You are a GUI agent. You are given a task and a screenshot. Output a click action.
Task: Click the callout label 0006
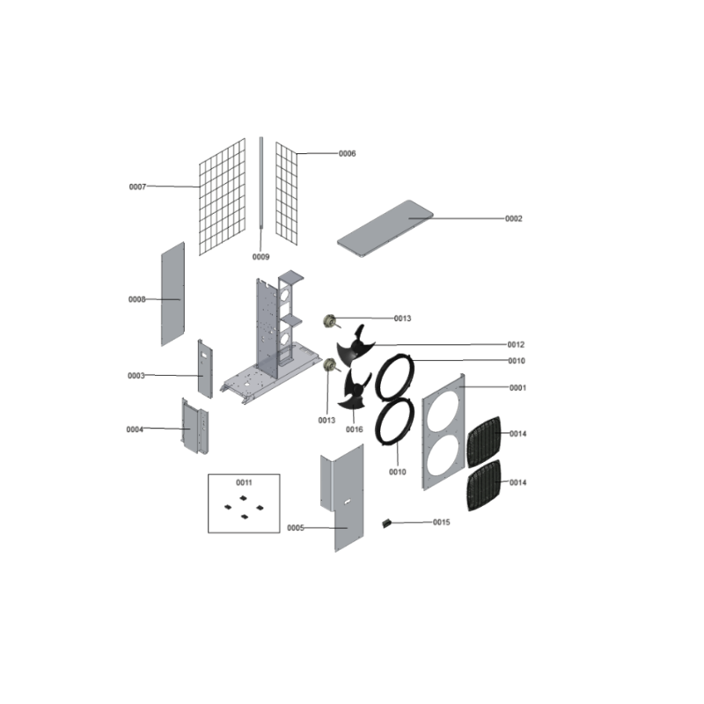tap(347, 153)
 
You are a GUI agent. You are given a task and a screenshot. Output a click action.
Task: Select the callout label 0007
tap(137, 187)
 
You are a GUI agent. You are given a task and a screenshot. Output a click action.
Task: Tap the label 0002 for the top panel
tap(514, 218)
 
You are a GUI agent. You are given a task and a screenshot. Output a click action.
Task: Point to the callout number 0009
tap(260, 257)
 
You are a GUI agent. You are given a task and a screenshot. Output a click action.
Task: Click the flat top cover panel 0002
tap(385, 229)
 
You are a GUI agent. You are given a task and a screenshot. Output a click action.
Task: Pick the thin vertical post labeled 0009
tap(260, 183)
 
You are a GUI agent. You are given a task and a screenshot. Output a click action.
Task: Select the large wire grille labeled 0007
tap(223, 197)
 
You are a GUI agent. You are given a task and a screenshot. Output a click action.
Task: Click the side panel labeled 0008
tap(172, 294)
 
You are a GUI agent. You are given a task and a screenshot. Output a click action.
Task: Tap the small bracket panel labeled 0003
tap(205, 369)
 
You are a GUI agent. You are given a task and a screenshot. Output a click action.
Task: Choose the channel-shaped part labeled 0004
tap(194, 426)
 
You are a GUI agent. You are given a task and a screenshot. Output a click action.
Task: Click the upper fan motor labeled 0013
tap(331, 321)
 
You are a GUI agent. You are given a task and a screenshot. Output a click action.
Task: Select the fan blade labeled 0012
tap(356, 346)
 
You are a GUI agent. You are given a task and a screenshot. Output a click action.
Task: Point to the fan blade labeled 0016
tap(356, 390)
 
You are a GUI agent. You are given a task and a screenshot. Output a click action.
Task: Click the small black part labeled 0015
tap(386, 523)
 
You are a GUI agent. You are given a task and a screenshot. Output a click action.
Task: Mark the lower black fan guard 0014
tap(484, 486)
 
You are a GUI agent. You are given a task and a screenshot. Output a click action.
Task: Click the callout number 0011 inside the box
tap(244, 482)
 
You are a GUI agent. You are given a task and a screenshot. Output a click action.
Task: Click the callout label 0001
tap(517, 388)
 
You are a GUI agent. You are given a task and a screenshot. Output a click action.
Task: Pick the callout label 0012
tap(516, 345)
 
